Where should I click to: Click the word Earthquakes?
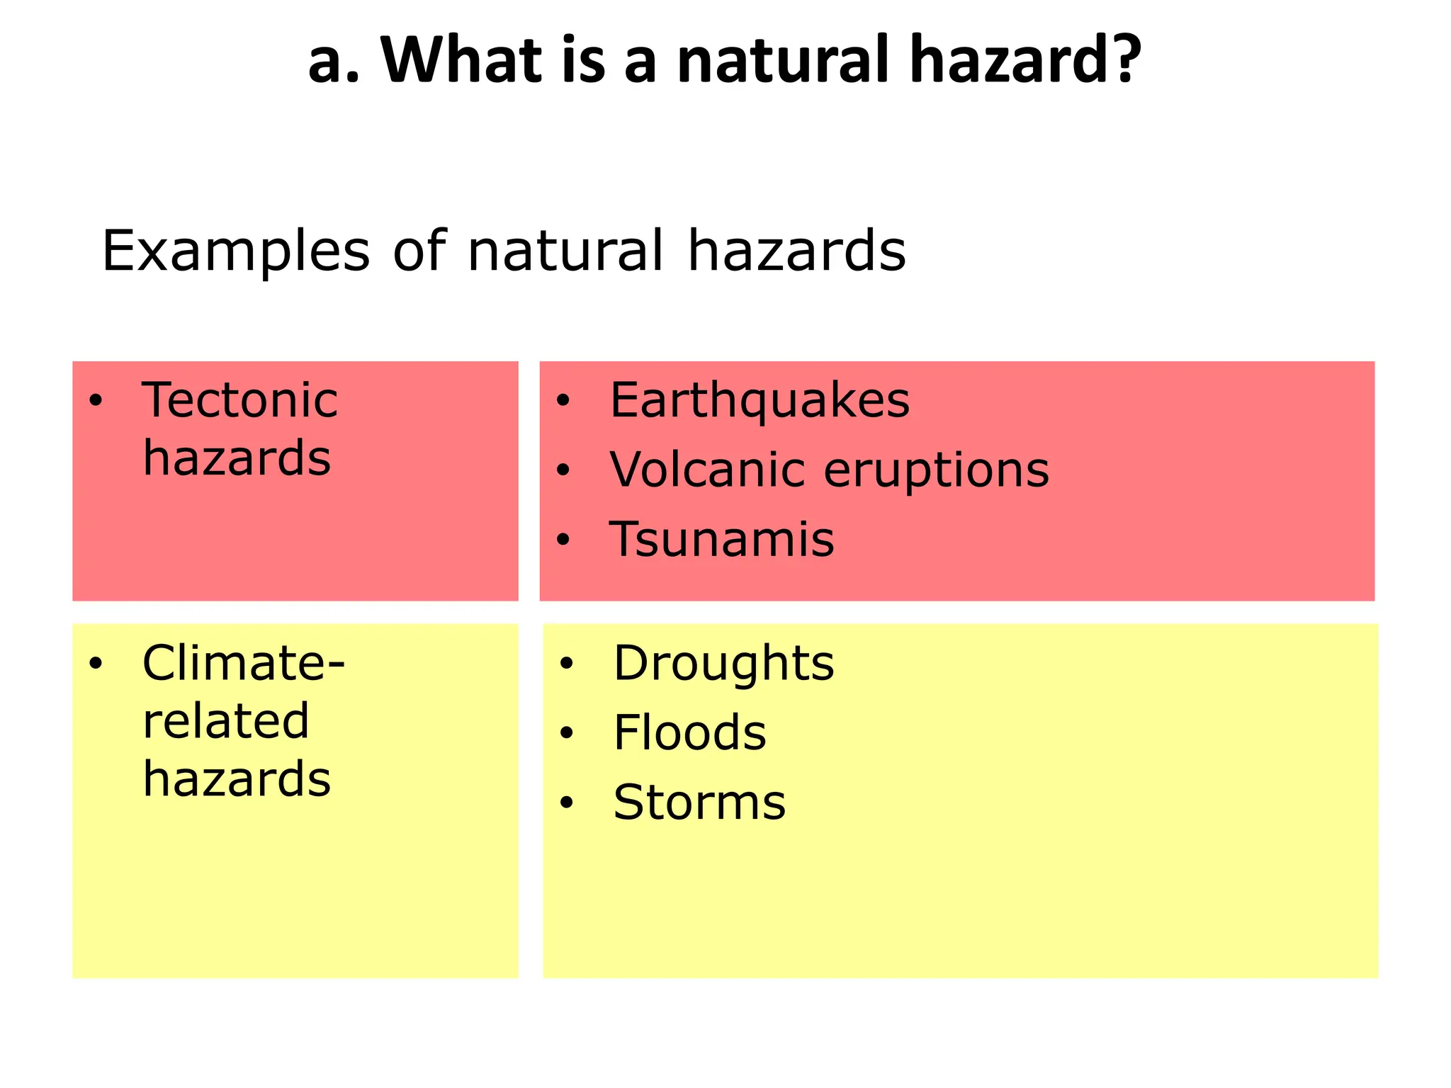pos(760,401)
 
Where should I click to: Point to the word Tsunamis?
pos(722,540)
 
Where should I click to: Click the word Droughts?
pos(723,664)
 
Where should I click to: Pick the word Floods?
pos(689,732)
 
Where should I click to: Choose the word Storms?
pos(699,802)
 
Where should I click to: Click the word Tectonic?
pos(239,401)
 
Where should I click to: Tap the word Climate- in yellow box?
pos(243,664)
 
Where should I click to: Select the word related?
pos(225,721)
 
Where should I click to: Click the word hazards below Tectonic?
pos(236,458)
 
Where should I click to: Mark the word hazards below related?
pos(236,779)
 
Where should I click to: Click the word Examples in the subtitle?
pos(235,251)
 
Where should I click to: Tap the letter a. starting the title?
pos(334,61)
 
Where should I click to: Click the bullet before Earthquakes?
pos(563,401)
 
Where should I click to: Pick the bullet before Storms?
pos(565,803)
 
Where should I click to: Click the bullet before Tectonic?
pos(96,401)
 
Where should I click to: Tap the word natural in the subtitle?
pos(565,251)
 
